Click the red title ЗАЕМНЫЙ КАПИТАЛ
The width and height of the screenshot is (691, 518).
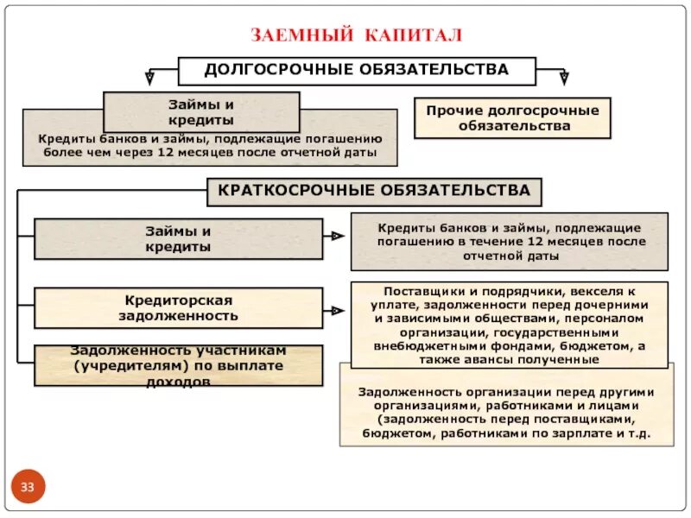(x=357, y=35)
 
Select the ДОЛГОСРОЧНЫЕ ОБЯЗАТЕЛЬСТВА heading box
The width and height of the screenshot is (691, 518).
(x=356, y=70)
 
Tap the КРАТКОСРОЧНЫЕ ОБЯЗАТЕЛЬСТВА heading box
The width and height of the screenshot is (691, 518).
(x=373, y=190)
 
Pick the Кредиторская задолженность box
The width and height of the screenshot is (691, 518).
(x=178, y=308)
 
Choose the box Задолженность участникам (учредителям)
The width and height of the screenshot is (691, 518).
(x=178, y=365)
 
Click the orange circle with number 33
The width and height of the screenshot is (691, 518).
(x=28, y=488)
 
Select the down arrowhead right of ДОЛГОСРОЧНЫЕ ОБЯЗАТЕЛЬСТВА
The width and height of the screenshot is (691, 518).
(x=564, y=78)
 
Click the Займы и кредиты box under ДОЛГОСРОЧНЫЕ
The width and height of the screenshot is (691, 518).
(x=201, y=112)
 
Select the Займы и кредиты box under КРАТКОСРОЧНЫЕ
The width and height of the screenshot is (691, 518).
(x=178, y=238)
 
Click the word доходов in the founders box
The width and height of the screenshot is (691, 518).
(x=178, y=381)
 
